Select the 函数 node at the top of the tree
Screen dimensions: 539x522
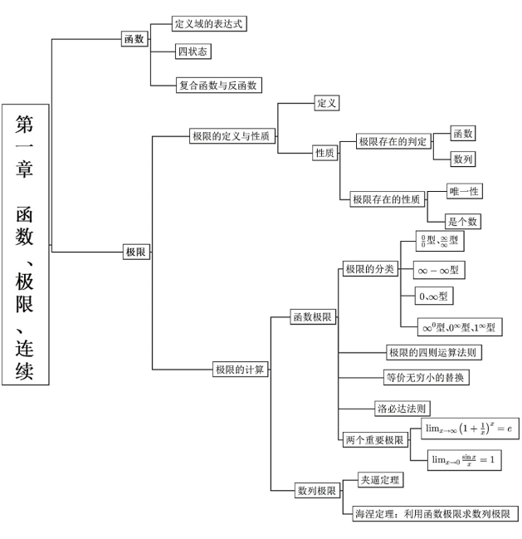point(134,39)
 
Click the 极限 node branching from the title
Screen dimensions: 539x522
point(135,251)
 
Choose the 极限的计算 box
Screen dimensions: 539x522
point(240,370)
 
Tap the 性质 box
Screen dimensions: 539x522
point(324,152)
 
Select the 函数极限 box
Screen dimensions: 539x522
point(312,317)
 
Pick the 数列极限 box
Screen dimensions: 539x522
point(316,490)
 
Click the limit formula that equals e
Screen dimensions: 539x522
point(469,429)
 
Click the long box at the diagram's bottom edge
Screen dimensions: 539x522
point(431,512)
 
